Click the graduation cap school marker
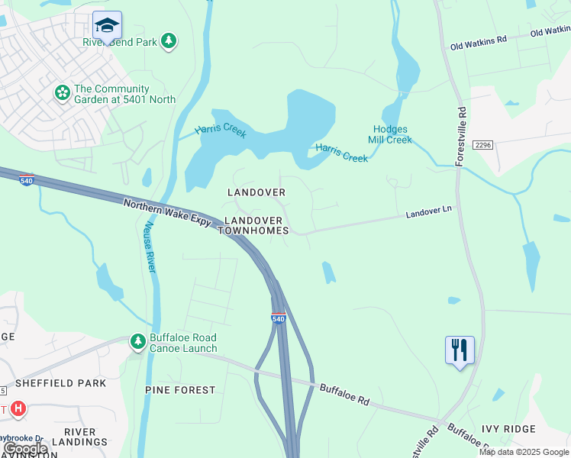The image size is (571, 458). coord(107,26)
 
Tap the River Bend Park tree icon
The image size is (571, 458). coord(169,41)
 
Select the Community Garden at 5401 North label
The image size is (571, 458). coord(124,94)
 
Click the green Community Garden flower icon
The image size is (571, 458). coord(62,93)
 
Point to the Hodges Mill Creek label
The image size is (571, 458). coord(392,134)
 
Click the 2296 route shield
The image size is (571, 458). coord(482,145)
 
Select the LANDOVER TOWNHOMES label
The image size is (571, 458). coord(256,225)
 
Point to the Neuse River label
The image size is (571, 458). coord(150,247)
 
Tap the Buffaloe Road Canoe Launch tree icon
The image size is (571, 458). coord(138,342)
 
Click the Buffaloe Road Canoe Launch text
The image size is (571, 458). coord(183,343)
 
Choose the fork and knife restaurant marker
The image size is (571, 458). coord(460,350)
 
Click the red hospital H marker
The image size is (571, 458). coord(18,410)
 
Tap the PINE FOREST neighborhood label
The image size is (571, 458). coord(180,390)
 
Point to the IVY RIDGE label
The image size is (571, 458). coord(530,429)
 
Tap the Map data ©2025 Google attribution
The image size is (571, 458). coord(524,452)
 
